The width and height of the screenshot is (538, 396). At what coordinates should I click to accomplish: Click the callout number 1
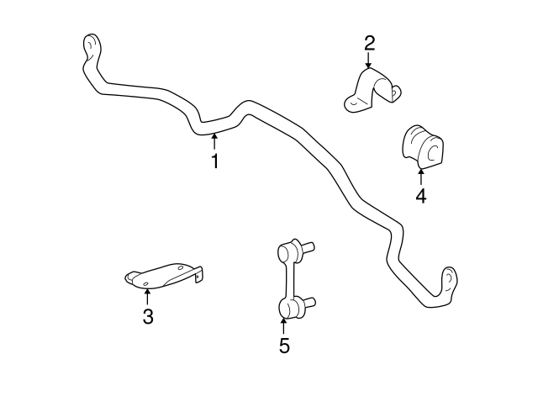215,161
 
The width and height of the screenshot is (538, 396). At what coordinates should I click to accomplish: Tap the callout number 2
369,43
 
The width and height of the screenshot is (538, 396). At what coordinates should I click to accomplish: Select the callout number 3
147,316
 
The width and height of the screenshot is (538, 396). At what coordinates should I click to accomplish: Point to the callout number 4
420,197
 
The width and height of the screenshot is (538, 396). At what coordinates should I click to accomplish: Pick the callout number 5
284,345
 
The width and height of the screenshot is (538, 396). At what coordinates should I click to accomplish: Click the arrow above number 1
215,141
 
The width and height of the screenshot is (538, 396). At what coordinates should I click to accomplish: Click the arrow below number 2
369,61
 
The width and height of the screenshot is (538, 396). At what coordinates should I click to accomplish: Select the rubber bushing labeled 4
419,145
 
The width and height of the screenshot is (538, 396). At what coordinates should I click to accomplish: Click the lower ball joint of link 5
287,307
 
